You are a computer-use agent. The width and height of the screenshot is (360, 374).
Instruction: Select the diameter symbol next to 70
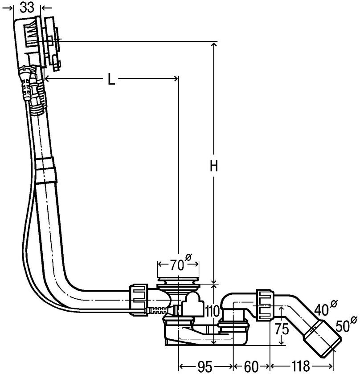coord(188,257)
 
